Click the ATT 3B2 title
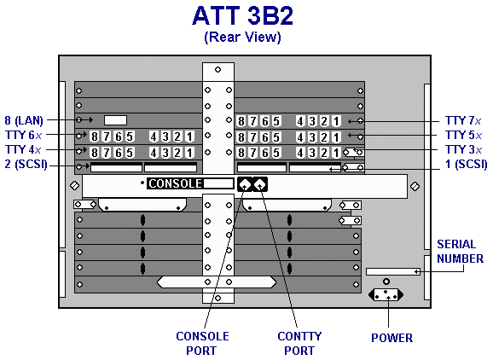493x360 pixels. [x=242, y=15]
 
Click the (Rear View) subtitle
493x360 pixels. [x=242, y=37]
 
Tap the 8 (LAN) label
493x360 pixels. [x=24, y=120]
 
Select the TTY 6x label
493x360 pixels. [x=23, y=135]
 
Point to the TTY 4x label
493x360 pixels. [x=23, y=149]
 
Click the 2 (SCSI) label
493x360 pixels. [x=26, y=164]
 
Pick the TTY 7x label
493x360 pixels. [x=463, y=120]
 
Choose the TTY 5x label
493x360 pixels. [x=463, y=135]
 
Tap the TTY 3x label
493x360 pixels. [x=463, y=149]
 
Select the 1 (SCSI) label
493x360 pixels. [x=467, y=164]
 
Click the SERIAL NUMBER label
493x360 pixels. [x=460, y=251]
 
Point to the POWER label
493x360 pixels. [x=391, y=338]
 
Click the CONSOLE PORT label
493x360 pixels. [x=202, y=343]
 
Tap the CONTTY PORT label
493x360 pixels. [x=299, y=343]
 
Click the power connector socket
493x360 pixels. [x=386, y=295]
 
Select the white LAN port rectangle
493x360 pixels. [x=115, y=120]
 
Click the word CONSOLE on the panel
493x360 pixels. [x=175, y=183]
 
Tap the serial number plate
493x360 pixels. [x=393, y=271]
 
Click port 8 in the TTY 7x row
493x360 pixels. [x=241, y=121]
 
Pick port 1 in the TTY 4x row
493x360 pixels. [x=189, y=153]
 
